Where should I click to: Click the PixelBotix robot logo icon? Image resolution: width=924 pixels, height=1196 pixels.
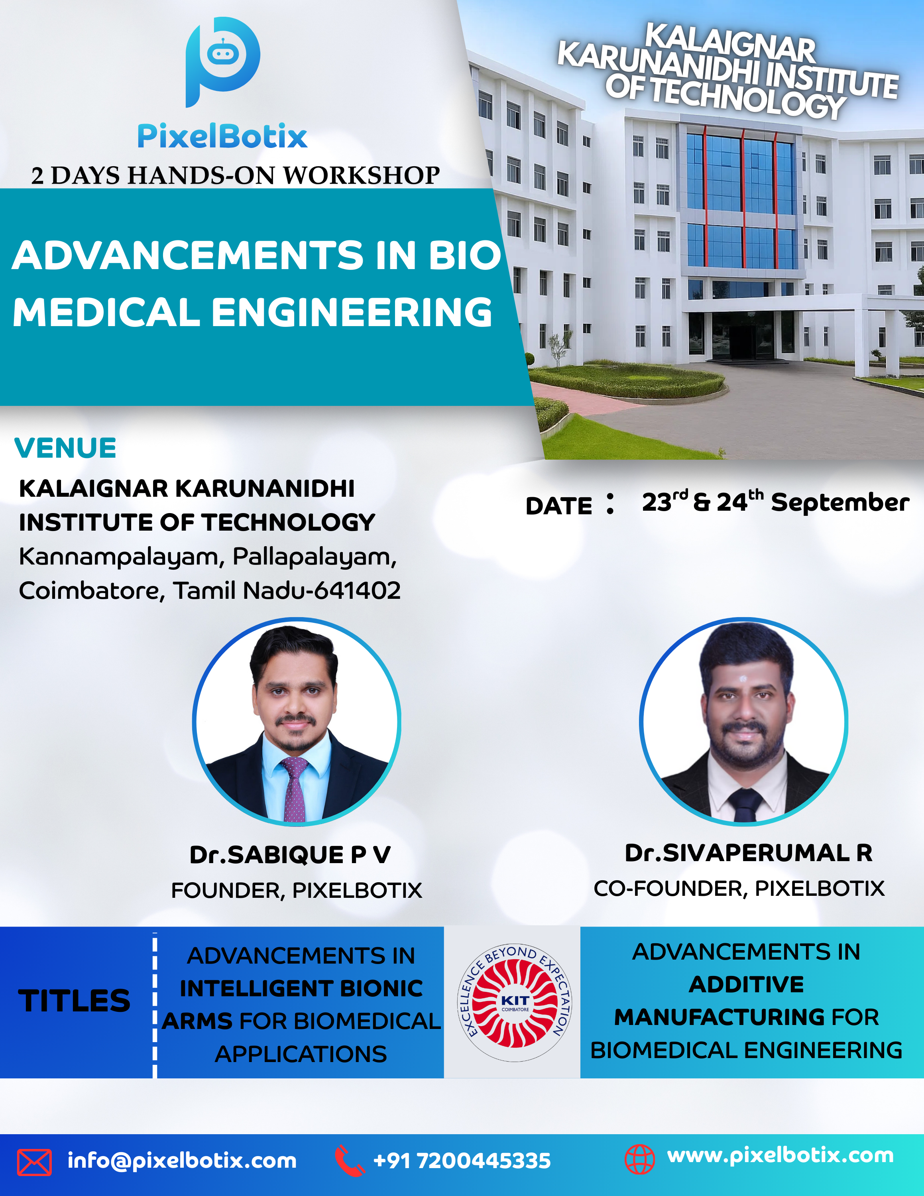click(x=222, y=61)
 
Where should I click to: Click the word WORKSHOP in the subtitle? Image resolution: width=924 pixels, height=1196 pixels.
click(x=361, y=175)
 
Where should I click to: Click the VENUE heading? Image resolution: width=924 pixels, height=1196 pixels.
click(x=65, y=448)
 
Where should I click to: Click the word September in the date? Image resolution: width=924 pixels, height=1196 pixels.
click(x=840, y=503)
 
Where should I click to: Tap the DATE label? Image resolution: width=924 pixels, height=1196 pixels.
click(x=559, y=506)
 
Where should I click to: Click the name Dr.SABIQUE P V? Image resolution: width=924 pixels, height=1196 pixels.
click(x=290, y=855)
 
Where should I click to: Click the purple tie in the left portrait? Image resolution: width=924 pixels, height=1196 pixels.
click(x=295, y=789)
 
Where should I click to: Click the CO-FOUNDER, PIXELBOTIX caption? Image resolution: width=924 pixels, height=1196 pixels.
click(x=739, y=888)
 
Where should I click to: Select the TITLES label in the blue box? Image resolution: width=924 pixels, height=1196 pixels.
click(x=75, y=1001)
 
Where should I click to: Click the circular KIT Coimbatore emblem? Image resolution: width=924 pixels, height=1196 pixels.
click(x=515, y=1002)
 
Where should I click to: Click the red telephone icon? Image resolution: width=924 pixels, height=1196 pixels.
click(x=349, y=1161)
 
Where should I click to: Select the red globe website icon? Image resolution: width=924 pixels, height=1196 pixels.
click(x=640, y=1159)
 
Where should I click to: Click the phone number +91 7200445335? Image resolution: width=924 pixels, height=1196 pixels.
click(x=462, y=1161)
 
